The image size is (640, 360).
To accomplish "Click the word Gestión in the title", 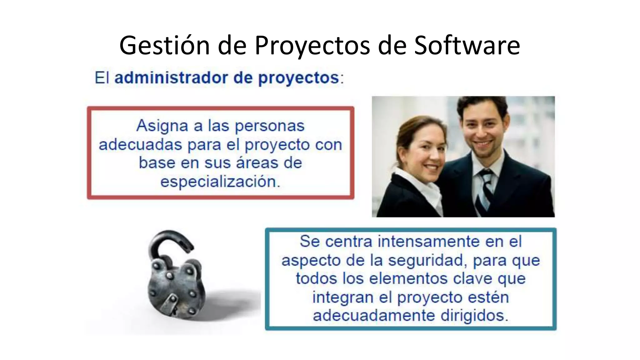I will coord(164,45).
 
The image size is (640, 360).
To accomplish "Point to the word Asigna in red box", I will coord(162,126).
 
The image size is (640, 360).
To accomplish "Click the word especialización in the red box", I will coord(220,181).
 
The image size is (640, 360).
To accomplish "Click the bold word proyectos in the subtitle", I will coord(298,78).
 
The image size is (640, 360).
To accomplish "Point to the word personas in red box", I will coord(269,126).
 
